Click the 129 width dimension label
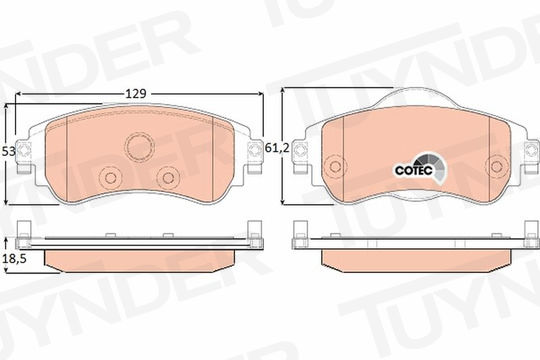point(136,94)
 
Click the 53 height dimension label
point(9,151)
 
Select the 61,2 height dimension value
point(277,148)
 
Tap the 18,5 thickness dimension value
point(14,259)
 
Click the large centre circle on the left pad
point(139,146)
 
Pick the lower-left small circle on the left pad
point(111,178)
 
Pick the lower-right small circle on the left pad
point(168,178)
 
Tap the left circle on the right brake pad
point(335,167)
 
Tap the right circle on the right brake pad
point(496,167)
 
